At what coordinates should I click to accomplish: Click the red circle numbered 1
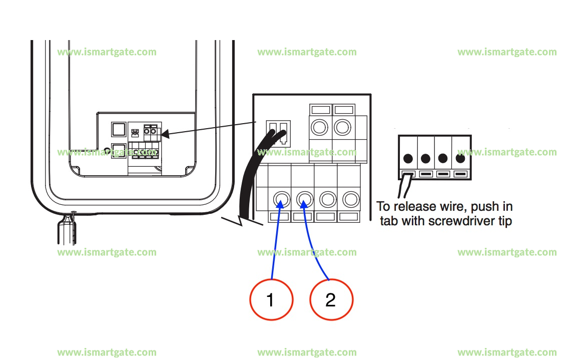(x=271, y=300)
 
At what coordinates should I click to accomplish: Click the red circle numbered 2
(x=331, y=300)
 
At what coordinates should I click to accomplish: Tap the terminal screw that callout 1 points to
(x=280, y=199)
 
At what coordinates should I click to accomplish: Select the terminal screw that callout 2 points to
(x=303, y=199)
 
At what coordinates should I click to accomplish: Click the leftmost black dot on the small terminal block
(x=408, y=159)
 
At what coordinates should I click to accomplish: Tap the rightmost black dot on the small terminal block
(x=460, y=159)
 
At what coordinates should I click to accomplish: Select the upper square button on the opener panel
(x=118, y=130)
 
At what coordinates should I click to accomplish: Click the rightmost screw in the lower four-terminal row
(x=349, y=199)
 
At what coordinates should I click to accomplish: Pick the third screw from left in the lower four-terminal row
(x=326, y=199)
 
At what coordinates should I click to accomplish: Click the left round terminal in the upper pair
(x=320, y=127)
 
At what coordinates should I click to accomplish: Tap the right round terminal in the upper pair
(x=343, y=127)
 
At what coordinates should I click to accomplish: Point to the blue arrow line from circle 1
(x=275, y=240)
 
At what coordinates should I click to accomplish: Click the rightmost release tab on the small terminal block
(x=461, y=175)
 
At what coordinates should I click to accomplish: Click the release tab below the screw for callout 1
(x=280, y=217)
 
